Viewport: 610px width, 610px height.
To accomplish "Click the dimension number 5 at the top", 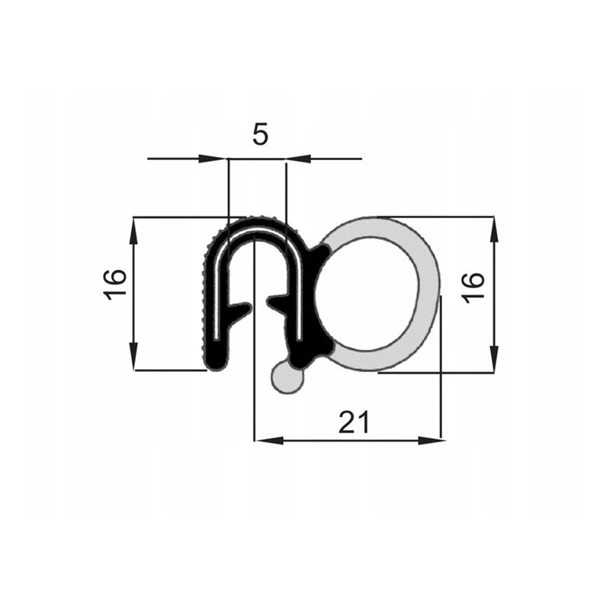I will (x=260, y=135).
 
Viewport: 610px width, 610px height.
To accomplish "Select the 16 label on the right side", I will (x=473, y=287).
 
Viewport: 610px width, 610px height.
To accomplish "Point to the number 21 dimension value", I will (x=355, y=422).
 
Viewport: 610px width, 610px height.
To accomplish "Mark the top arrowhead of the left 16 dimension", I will (x=134, y=230).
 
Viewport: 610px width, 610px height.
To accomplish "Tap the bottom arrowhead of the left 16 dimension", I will (x=134, y=358).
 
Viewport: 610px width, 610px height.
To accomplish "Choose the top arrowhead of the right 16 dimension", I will (x=494, y=229).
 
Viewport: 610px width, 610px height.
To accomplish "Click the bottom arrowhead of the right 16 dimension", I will (x=494, y=361).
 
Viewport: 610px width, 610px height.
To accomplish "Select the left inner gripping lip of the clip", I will (x=239, y=310).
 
